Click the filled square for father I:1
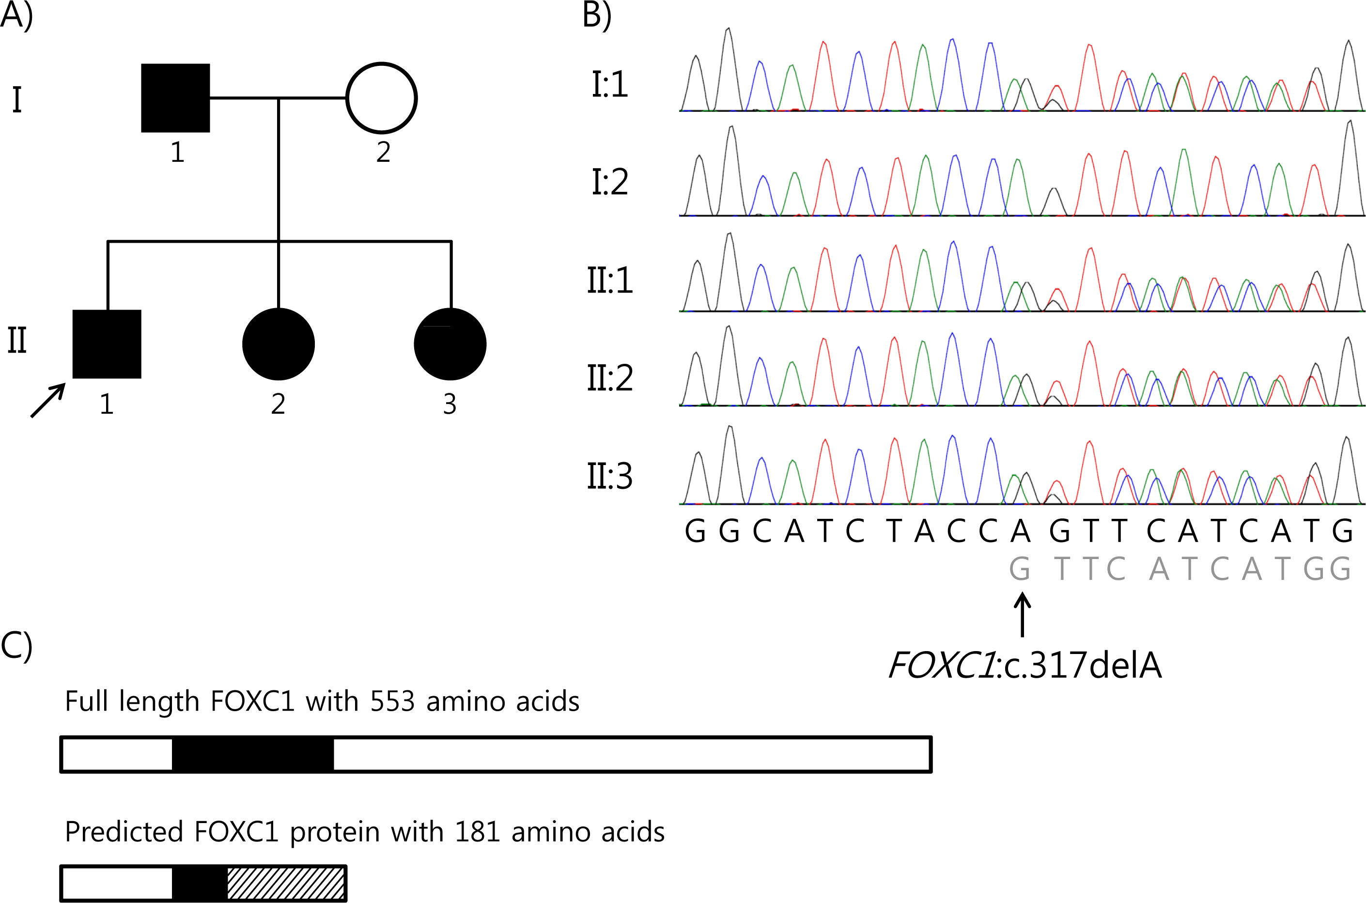coord(176,98)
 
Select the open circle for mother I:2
coord(381,98)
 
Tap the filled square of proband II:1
coord(107,344)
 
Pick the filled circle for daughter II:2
coord(279,344)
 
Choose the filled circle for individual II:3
coord(450,344)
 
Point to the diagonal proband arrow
coord(48,400)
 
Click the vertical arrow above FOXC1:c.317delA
coord(1022,615)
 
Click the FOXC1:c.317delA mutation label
coord(1025,665)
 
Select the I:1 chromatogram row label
coord(610,84)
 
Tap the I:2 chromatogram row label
coord(610,183)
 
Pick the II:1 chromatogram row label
coord(610,280)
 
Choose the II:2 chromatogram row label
coord(610,378)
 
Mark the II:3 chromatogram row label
coord(610,476)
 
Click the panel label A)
coord(16,15)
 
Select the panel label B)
coord(597,15)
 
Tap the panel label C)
coord(16,646)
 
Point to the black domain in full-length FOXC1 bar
coord(253,754)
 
